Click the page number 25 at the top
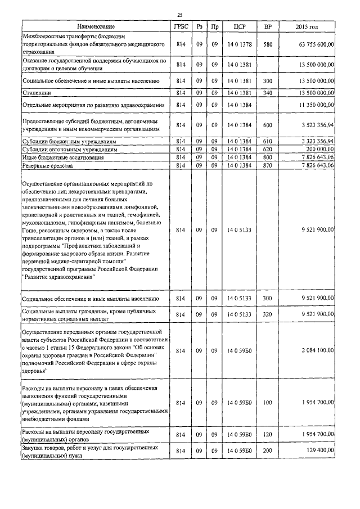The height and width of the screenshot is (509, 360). [x=179, y=15]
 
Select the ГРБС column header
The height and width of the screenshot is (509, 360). [x=181, y=26]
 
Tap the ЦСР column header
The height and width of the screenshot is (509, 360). [x=236, y=26]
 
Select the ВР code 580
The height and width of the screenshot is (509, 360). [x=268, y=44]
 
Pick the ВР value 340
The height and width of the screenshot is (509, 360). [x=268, y=93]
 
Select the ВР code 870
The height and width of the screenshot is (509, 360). [x=268, y=166]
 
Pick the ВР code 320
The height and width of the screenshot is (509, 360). [x=268, y=314]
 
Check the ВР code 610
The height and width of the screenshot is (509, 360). [x=268, y=141]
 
